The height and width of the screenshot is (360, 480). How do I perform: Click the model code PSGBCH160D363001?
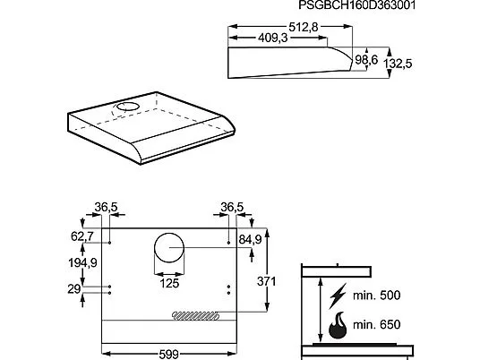357,5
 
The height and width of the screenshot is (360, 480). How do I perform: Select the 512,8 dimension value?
304,27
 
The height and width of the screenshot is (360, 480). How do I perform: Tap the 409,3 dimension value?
273,38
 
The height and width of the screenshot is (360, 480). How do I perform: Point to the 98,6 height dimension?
366,60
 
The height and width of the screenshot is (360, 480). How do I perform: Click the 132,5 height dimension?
398,64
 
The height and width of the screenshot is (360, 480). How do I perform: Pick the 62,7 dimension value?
82,236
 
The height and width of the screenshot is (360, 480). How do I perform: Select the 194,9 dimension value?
82,262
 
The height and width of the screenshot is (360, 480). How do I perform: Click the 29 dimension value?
74,289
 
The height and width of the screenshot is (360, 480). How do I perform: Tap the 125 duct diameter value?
169,283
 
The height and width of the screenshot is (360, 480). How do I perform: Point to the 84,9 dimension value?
250,240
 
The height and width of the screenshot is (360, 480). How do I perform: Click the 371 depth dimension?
266,281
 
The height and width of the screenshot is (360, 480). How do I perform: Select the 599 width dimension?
168,355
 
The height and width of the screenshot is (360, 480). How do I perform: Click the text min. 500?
376,296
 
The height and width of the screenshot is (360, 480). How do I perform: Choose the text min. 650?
376,324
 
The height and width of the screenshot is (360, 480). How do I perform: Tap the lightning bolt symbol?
338,296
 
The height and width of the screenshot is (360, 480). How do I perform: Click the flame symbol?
338,325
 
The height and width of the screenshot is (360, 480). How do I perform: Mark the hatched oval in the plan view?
195,315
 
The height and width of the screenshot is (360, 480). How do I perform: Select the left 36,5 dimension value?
106,207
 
